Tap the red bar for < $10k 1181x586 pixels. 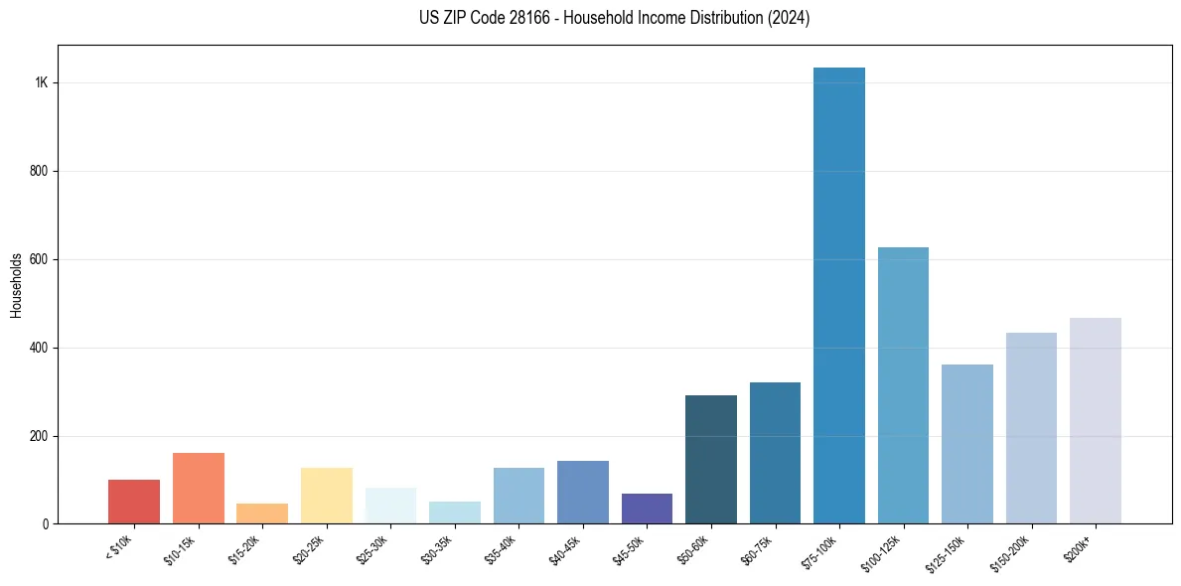click(134, 502)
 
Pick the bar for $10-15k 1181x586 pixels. click(199, 489)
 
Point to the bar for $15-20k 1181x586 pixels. click(262, 513)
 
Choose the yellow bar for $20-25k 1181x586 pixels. click(327, 496)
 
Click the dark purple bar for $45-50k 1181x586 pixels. click(647, 509)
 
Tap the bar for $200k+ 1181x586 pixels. click(1096, 421)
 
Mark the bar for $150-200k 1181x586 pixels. click(1031, 428)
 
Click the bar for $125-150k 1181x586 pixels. click(967, 444)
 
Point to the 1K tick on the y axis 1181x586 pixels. click(42, 82)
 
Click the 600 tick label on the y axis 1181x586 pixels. click(39, 259)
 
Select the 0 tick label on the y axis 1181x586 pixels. click(46, 524)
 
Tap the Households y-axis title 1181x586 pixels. click(16, 285)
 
